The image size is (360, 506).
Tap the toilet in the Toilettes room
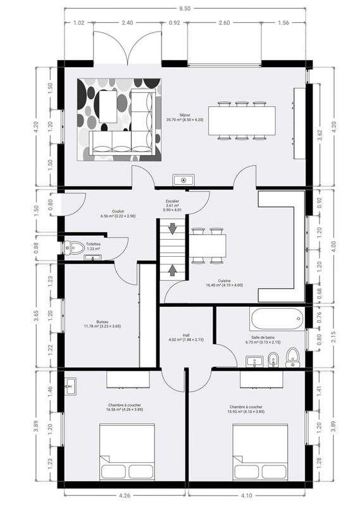[x=76, y=247]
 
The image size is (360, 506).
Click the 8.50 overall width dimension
[x=183, y=8]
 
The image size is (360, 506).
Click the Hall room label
[x=187, y=337]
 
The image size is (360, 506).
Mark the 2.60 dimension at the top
[x=224, y=23]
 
